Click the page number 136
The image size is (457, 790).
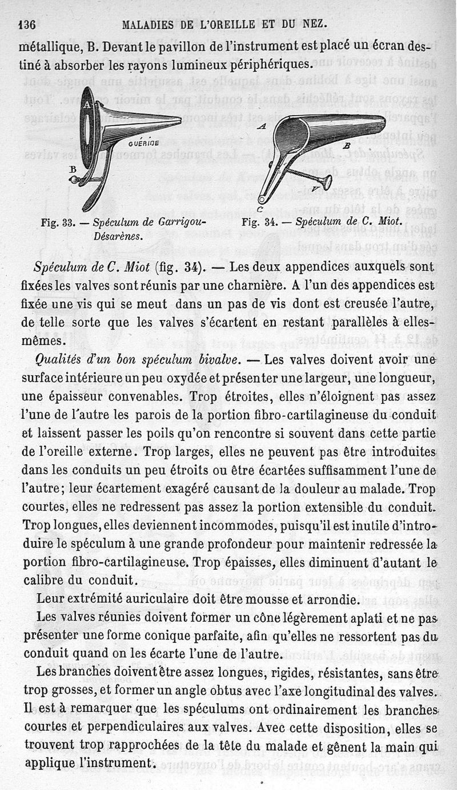[27, 25]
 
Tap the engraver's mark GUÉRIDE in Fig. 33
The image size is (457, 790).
[139, 144]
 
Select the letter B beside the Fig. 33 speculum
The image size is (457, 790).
[73, 169]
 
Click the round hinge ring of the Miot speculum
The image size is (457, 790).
[262, 200]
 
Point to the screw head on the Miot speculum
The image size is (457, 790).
[327, 182]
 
